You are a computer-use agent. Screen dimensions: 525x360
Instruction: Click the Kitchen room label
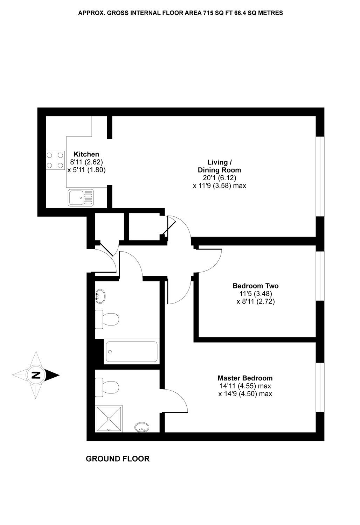(x=86, y=154)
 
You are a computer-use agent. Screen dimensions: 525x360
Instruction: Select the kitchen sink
(x=81, y=197)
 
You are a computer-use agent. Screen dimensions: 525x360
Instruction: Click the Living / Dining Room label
(x=220, y=166)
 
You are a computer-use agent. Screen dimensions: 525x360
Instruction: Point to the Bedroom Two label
(x=256, y=286)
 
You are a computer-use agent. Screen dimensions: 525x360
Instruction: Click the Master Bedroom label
(x=245, y=378)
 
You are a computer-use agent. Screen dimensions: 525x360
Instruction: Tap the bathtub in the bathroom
(x=131, y=352)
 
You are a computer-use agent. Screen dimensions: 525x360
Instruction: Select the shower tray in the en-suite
(x=109, y=418)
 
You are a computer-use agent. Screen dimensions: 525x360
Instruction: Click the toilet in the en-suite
(x=108, y=387)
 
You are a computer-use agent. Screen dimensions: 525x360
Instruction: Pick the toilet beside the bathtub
(x=108, y=319)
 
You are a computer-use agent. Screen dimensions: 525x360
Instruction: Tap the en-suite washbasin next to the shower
(x=142, y=427)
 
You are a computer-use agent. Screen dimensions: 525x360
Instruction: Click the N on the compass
(x=35, y=375)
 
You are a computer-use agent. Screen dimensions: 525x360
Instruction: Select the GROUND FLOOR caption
(x=118, y=458)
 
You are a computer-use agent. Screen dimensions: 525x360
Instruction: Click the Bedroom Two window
(x=320, y=276)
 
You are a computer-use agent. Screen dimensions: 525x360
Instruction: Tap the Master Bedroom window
(x=320, y=387)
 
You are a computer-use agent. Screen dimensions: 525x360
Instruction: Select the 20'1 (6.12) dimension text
(x=220, y=178)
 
